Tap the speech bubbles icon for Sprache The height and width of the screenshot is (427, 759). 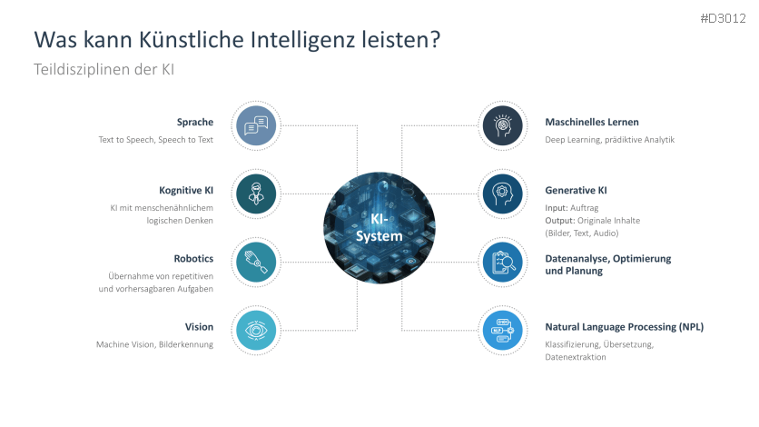[x=256, y=125]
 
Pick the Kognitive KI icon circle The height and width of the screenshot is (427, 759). [x=256, y=194]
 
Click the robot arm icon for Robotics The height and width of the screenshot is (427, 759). [x=256, y=263]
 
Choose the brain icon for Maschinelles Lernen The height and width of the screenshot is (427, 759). [x=503, y=125]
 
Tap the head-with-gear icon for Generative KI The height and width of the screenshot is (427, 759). [x=503, y=194]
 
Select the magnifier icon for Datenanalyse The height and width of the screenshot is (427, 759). [x=503, y=263]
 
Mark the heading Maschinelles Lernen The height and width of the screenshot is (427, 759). [x=592, y=122]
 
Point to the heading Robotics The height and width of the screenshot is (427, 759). [x=193, y=258]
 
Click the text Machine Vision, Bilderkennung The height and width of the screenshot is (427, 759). [x=154, y=344]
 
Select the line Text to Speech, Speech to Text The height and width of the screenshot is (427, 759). [x=156, y=140]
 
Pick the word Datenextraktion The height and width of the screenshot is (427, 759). [x=576, y=358]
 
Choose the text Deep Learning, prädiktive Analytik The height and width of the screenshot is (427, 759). [x=609, y=140]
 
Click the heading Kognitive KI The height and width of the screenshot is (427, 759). [x=186, y=190]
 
